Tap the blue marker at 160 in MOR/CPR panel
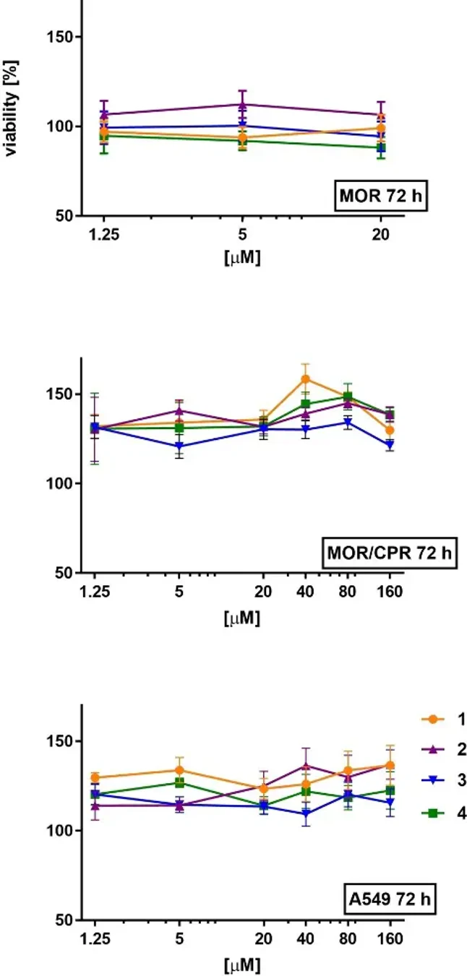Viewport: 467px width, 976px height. (x=390, y=445)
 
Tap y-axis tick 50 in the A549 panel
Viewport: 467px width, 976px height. (x=62, y=920)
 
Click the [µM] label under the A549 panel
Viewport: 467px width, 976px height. (x=242, y=964)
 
